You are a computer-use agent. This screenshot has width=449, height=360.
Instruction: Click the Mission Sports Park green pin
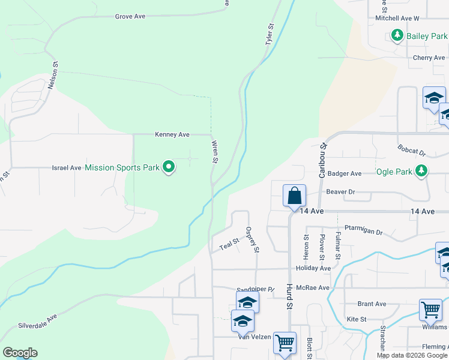click(169, 167)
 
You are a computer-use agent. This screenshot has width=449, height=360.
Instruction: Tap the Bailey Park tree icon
click(396, 36)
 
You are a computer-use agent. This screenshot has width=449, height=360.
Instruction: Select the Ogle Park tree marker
click(422, 172)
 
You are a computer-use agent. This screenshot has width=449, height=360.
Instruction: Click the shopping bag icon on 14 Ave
click(295, 196)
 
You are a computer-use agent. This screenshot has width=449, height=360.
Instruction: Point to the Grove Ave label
click(130, 16)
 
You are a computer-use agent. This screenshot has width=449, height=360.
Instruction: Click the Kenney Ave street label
click(172, 134)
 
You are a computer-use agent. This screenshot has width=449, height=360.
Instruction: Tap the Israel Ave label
click(67, 168)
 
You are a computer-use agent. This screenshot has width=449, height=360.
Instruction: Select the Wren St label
click(215, 152)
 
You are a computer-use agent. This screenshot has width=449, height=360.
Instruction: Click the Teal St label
click(229, 245)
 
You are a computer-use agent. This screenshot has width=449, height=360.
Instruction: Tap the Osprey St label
click(253, 239)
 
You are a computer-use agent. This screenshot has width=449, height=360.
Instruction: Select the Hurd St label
click(289, 296)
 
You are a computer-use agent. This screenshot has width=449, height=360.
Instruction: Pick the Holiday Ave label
click(313, 268)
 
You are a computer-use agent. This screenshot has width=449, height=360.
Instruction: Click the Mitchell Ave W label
click(397, 19)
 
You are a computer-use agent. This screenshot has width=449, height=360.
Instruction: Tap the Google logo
click(20, 353)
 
